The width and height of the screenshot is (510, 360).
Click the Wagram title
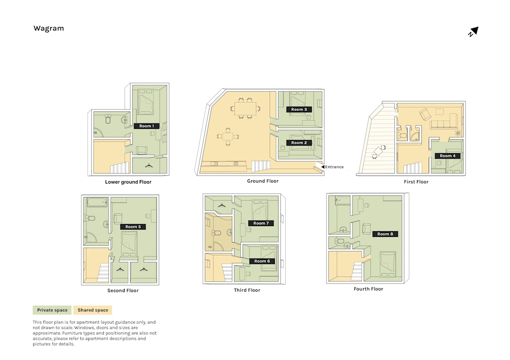(x=49, y=28)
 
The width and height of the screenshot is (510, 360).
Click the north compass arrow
(x=474, y=32)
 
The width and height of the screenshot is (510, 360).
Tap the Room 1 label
(x=146, y=126)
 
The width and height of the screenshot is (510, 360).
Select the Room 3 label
(x=299, y=109)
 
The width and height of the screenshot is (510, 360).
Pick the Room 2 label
(x=299, y=142)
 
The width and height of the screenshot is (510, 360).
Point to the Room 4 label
(x=448, y=156)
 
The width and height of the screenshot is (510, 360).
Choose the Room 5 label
(x=133, y=227)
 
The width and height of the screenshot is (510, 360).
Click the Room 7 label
(x=261, y=223)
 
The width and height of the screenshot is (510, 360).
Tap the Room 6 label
(x=262, y=261)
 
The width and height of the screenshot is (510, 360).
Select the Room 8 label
(x=385, y=234)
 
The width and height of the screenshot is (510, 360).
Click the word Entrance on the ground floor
(x=334, y=167)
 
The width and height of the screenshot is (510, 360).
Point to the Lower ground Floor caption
(x=128, y=182)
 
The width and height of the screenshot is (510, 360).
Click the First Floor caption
(x=416, y=182)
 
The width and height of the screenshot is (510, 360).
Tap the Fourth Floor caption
(x=368, y=289)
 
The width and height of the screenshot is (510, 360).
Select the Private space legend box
(x=52, y=310)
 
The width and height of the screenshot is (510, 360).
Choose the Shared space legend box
(x=93, y=310)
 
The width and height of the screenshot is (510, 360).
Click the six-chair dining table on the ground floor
(x=245, y=108)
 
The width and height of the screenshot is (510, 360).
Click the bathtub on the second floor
(x=97, y=202)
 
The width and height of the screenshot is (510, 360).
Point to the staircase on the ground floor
(x=261, y=167)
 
